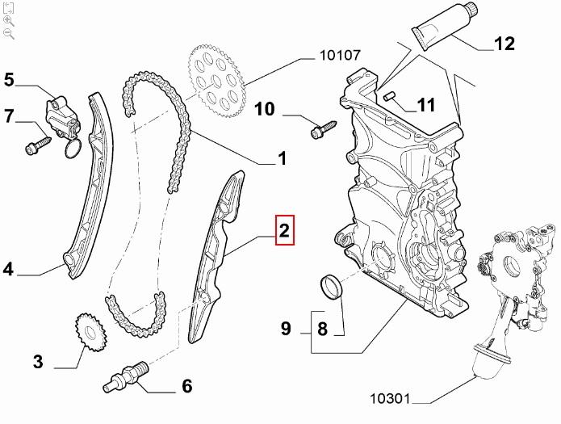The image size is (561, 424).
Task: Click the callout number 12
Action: click(504, 44)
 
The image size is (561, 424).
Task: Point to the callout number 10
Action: click(265, 108)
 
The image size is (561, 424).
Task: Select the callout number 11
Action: click(426, 104)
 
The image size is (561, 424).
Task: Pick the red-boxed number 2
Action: click(284, 232)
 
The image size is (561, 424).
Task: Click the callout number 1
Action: click(282, 159)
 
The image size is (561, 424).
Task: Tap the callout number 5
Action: click(10, 79)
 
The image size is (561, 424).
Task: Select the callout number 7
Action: click(10, 116)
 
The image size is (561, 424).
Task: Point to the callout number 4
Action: click(8, 269)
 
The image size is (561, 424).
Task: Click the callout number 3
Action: click(37, 361)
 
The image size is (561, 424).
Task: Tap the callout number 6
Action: click(187, 386)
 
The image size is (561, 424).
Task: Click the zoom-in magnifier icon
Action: click(8, 21)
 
